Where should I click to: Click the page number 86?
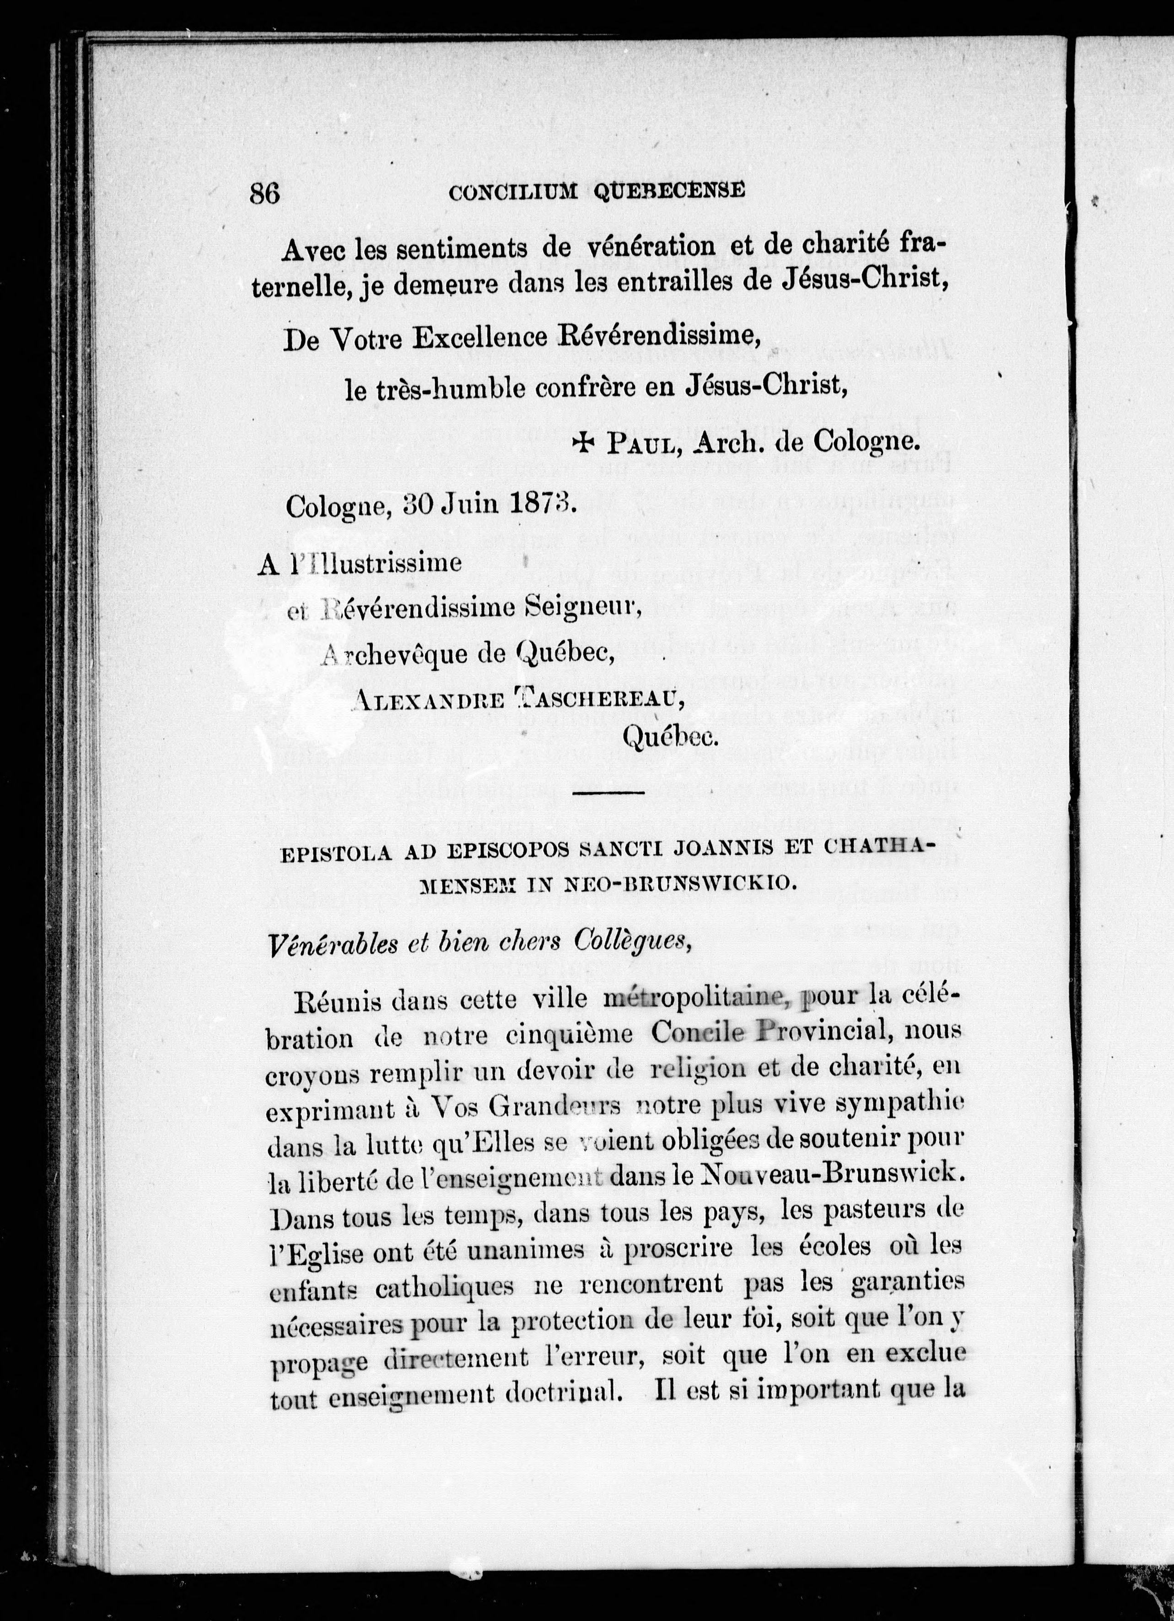coord(264,193)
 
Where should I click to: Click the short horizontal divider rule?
coord(609,792)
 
